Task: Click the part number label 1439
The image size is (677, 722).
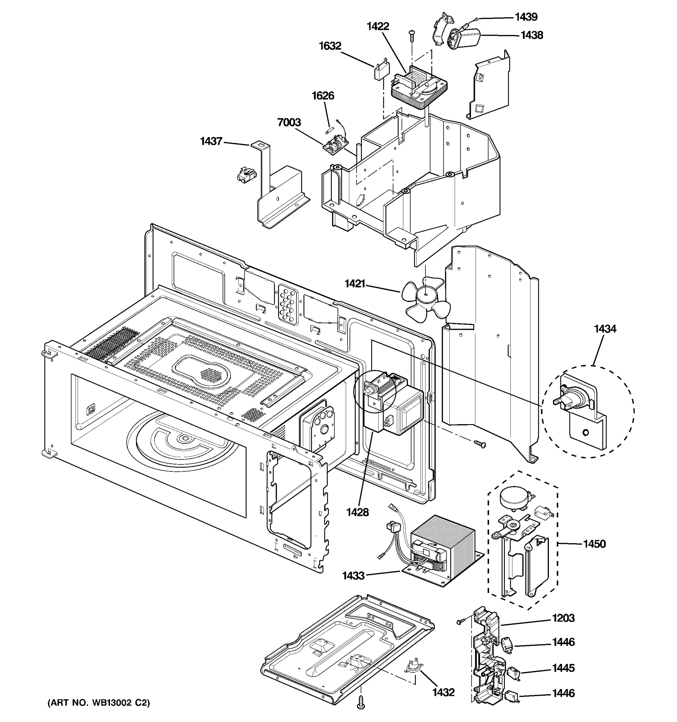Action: pyautogui.click(x=526, y=17)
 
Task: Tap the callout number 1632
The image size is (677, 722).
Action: pyautogui.click(x=330, y=46)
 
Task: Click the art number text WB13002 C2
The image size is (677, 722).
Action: pyautogui.click(x=98, y=703)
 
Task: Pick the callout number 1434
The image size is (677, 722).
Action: pyautogui.click(x=605, y=329)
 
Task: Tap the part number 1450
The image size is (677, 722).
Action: pyautogui.click(x=594, y=544)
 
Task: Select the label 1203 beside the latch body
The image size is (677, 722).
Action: pyautogui.click(x=563, y=618)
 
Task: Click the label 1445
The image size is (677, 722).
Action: pyautogui.click(x=563, y=668)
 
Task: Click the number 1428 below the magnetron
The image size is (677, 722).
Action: pyautogui.click(x=357, y=512)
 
